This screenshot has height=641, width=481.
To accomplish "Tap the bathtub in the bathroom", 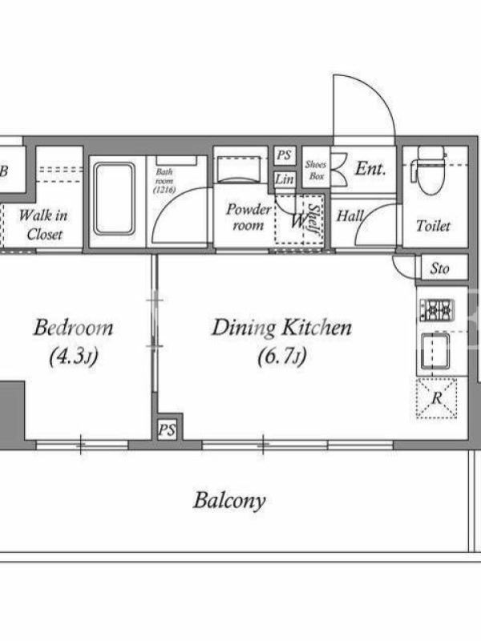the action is click(x=114, y=199).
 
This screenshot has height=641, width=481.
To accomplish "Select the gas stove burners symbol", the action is click(x=436, y=310).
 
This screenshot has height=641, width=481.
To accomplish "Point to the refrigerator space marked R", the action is click(x=436, y=398).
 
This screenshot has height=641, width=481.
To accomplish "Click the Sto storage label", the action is click(x=440, y=268).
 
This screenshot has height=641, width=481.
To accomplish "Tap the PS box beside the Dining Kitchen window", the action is click(x=168, y=429).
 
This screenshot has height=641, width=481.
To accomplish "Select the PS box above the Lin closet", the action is click(x=285, y=155).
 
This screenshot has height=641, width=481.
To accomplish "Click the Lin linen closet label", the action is click(x=285, y=179).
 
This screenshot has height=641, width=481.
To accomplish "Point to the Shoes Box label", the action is click(x=316, y=170).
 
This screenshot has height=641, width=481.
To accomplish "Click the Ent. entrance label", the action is click(x=370, y=168).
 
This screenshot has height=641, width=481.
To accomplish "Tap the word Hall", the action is click(x=350, y=216).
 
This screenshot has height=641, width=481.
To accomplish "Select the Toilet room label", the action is click(x=433, y=226).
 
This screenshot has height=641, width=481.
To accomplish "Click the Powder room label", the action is click(x=249, y=217).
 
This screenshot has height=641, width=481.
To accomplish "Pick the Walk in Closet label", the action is click(x=43, y=225).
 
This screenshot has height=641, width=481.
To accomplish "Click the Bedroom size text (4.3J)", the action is click(x=74, y=357).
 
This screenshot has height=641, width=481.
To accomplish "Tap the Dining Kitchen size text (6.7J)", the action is click(x=282, y=357).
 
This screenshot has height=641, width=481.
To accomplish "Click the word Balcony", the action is click(x=229, y=501).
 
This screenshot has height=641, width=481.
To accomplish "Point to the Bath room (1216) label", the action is click(x=164, y=181).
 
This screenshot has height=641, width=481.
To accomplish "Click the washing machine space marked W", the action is click(x=297, y=222).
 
